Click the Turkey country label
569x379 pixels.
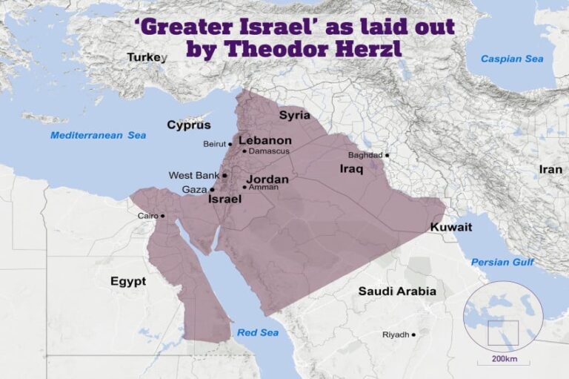pos(144,57)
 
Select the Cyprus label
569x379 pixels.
pos(188,125)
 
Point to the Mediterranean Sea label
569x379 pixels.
pos(99,135)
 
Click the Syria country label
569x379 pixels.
pos(294,115)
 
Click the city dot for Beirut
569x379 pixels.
pos(230,144)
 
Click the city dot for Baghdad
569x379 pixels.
pos(387,155)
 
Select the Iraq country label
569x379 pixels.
pos(350,169)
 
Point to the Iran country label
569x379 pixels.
pos(550,169)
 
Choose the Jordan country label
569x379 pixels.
pos(267,179)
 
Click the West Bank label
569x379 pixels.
pos(194,176)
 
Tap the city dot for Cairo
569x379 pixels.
pos(163,217)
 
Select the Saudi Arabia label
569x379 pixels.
pos(397,291)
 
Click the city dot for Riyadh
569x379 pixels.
pos(413,335)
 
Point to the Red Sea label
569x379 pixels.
pos(258,332)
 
